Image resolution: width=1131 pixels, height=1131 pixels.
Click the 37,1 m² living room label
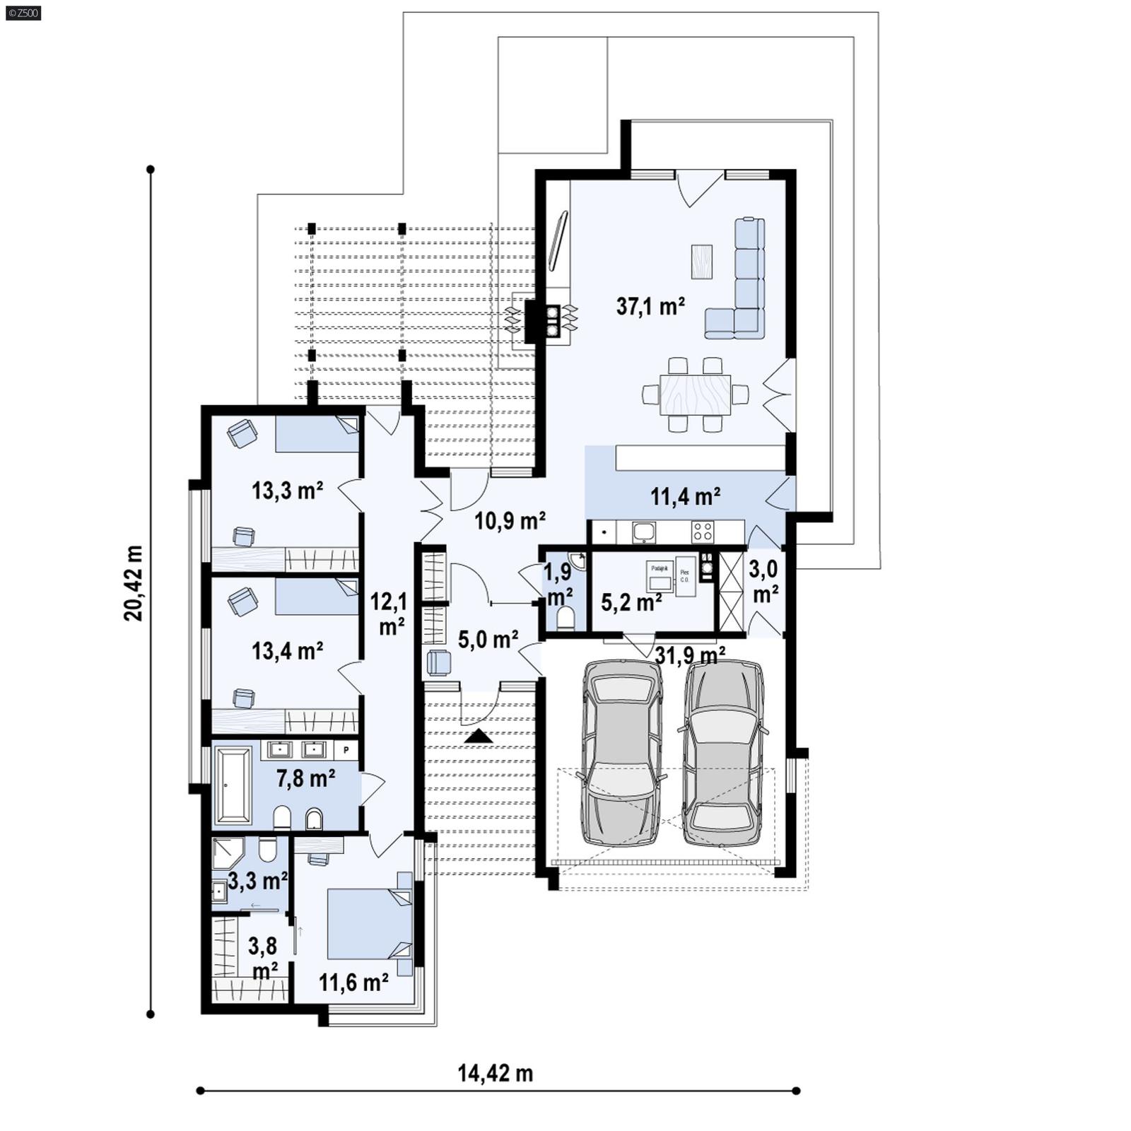coord(650,306)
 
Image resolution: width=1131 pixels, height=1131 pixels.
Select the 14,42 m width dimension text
coord(495,1073)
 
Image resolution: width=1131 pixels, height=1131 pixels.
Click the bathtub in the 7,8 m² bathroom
coord(233,785)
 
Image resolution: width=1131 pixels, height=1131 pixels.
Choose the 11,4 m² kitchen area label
coord(685,496)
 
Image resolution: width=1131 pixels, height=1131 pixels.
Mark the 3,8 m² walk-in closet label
coord(263,957)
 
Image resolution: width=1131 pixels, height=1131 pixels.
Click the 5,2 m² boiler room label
coord(631,602)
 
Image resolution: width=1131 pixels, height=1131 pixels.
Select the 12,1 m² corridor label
coord(389,613)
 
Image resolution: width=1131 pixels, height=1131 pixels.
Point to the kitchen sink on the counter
coord(644,532)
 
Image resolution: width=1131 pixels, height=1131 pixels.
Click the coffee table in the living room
coord(701,262)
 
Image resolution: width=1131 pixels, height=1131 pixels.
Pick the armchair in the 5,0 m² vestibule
coord(438,662)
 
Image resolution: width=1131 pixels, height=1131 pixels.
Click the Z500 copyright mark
coord(23,12)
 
